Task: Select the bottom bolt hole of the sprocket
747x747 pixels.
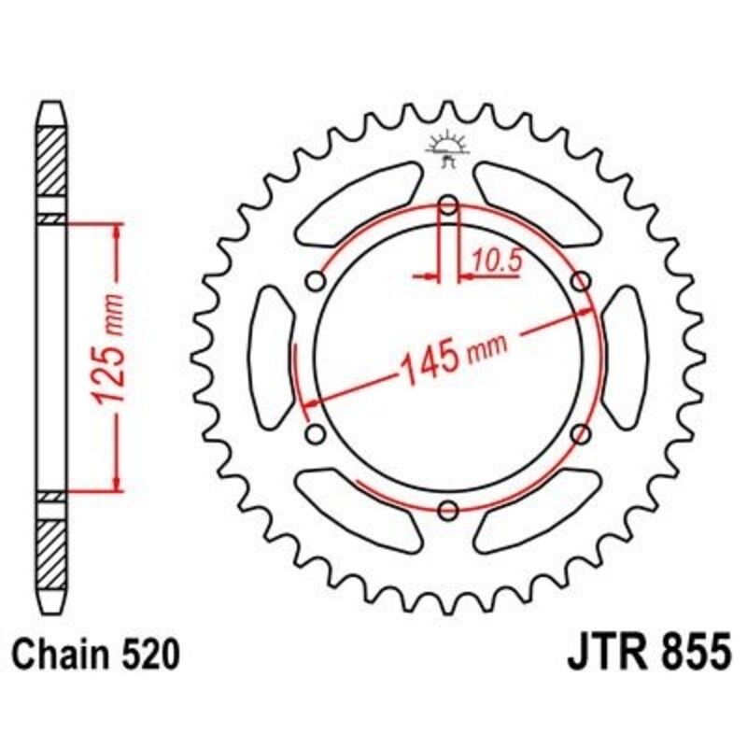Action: [x=448, y=509]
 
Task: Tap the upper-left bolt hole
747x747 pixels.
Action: [x=316, y=281]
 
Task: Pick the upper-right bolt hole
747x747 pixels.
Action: [x=581, y=281]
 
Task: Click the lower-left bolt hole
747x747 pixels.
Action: [x=316, y=433]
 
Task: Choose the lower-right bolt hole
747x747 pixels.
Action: [x=581, y=433]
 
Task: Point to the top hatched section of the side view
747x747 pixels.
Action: [x=52, y=160]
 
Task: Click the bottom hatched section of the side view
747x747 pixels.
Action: [x=52, y=551]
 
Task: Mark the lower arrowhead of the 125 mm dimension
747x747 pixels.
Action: [x=116, y=481]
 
